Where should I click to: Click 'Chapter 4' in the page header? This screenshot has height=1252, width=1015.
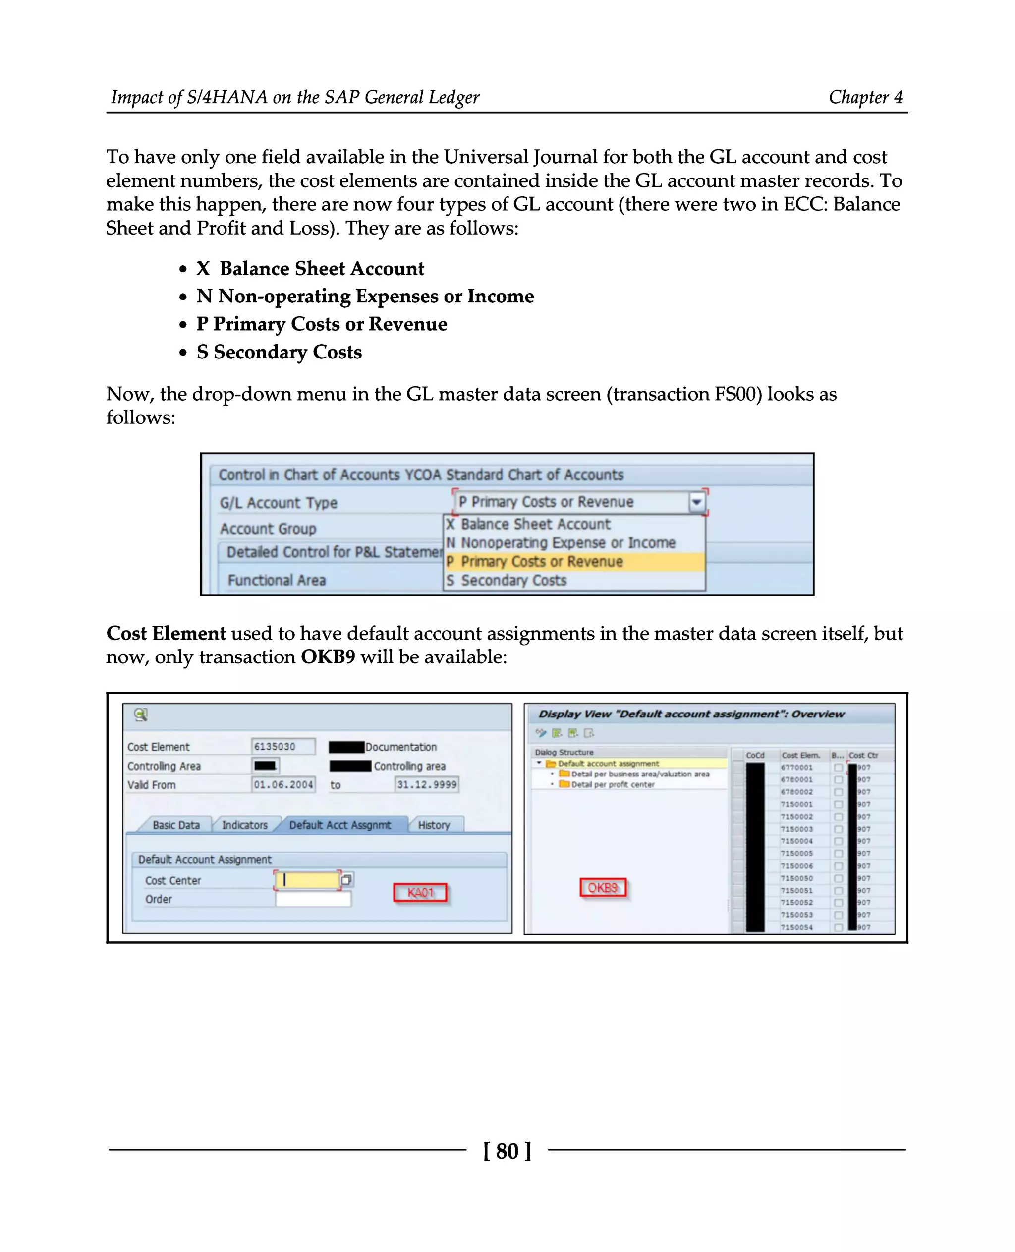865,97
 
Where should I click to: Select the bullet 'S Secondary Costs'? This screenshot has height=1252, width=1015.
279,352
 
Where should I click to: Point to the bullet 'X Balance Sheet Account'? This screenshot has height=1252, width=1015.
310,269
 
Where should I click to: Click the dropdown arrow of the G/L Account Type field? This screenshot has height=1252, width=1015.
696,502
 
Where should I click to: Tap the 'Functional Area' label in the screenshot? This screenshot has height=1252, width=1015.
277,580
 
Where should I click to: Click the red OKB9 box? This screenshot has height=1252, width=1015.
602,888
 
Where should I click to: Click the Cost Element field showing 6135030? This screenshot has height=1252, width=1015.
283,747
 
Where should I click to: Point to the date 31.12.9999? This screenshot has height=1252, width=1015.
426,785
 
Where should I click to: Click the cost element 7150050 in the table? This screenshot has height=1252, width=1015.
796,878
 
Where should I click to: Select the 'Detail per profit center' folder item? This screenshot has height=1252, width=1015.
612,784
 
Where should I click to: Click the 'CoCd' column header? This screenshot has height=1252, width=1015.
755,755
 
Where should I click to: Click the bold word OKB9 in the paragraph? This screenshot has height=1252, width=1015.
328,657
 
